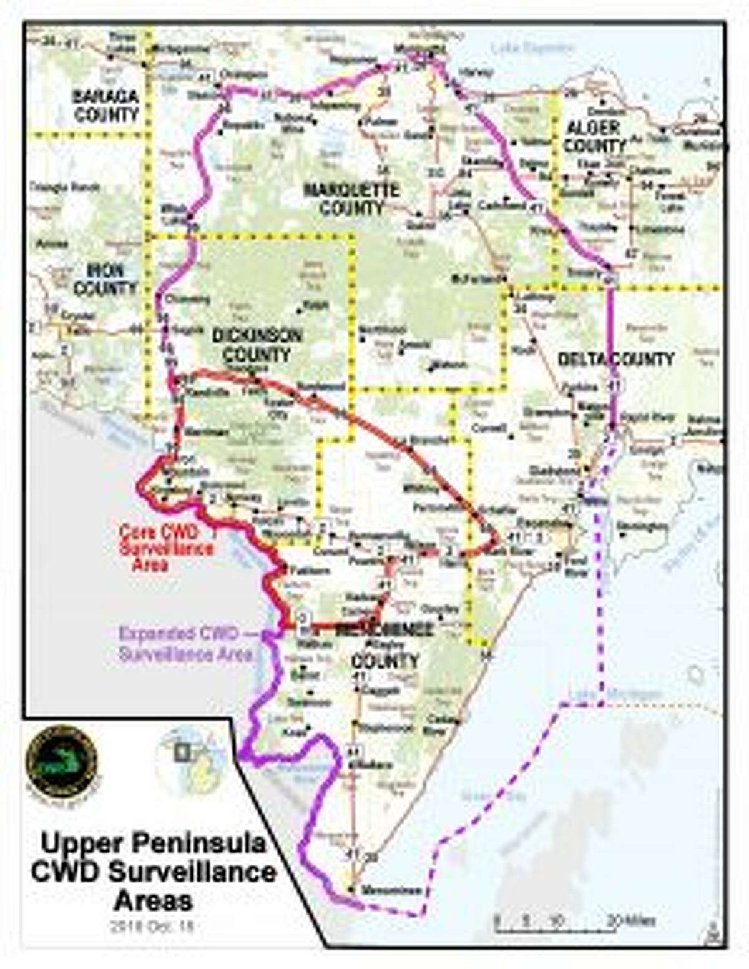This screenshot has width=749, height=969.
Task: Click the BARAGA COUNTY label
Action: pyautogui.click(x=105, y=106)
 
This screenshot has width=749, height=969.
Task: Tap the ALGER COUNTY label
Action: pyautogui.click(x=594, y=136)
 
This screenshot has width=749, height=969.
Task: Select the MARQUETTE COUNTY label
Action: pyautogui.click(x=351, y=199)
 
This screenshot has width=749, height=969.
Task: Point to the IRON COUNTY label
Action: pyautogui.click(x=105, y=279)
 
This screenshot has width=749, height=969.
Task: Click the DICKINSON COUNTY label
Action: pyautogui.click(x=257, y=345)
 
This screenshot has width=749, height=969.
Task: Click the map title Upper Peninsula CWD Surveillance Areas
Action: pyautogui.click(x=154, y=872)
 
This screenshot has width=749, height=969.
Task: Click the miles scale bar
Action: pyautogui.click(x=574, y=920)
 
